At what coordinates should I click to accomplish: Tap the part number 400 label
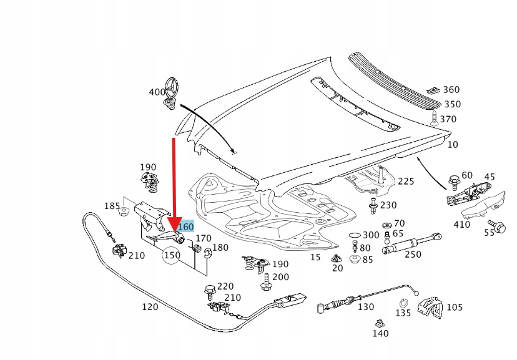pos(157,92)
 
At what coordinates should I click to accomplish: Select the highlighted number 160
pos(185,227)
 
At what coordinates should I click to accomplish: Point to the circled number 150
pos(172,256)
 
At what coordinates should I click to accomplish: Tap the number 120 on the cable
pos(150,307)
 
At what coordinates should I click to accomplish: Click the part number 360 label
pos(451,90)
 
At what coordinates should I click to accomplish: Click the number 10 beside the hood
pos(453,145)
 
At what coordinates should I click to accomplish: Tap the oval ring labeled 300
pos(353,235)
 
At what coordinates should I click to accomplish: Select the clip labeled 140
pos(379,323)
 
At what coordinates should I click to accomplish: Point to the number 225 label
pos(406,182)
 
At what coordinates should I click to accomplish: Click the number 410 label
pos(462,225)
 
